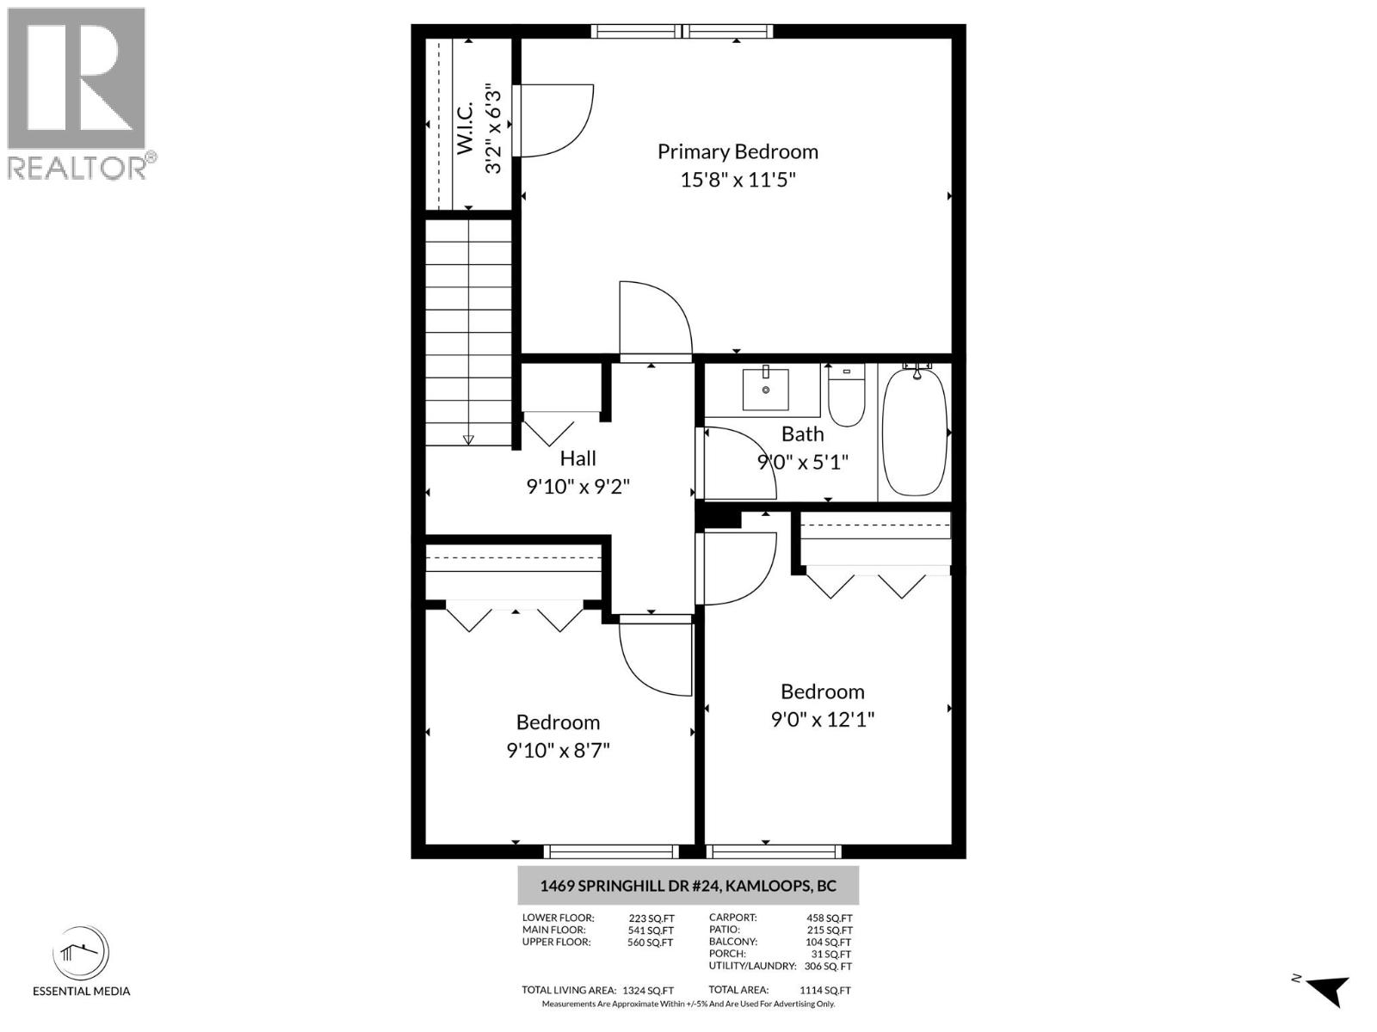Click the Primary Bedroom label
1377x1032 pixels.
point(738,151)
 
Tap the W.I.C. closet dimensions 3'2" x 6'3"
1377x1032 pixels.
point(493,128)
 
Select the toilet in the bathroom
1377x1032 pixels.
point(846,396)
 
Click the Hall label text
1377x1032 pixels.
point(577,458)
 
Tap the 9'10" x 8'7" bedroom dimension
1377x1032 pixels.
point(558,750)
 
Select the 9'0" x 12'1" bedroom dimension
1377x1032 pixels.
point(822,719)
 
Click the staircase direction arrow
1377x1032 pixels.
point(468,438)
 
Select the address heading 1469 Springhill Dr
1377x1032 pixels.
point(688,886)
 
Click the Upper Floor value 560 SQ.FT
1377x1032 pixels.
point(650,943)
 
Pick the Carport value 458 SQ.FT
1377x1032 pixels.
point(829,918)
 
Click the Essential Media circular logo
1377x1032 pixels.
point(81,954)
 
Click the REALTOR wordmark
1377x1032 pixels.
point(77,167)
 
